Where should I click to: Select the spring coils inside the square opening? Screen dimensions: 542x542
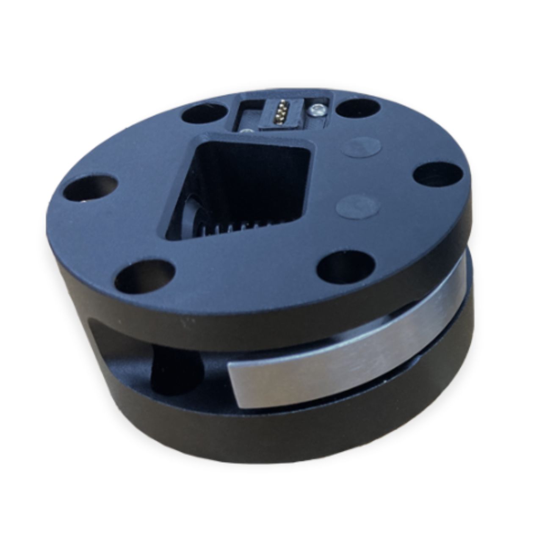point(220,229)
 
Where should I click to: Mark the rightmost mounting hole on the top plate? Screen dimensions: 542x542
point(436,174)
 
